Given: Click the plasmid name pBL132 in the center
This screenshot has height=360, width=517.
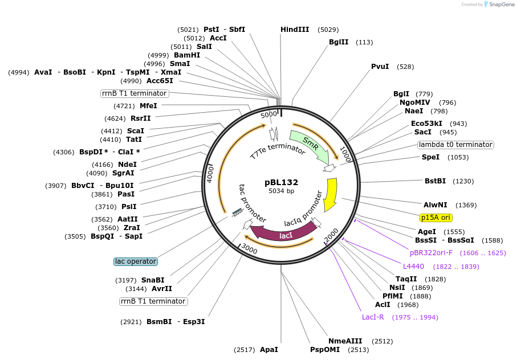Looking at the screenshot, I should (281, 182).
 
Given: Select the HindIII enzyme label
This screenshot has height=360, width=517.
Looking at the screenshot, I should (295, 30).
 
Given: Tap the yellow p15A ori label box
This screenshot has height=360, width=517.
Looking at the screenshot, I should (435, 218).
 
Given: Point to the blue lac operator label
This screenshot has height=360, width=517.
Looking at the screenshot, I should (135, 261).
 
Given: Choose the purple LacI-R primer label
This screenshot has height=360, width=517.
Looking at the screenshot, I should (373, 317).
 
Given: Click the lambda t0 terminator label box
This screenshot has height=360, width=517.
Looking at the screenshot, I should (455, 145).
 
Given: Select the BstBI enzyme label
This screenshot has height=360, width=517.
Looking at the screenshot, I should (435, 181).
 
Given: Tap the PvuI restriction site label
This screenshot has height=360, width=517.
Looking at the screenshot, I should (380, 67).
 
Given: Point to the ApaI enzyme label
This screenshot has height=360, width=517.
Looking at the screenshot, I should (269, 349).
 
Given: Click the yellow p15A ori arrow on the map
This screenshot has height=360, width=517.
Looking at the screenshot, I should (330, 194).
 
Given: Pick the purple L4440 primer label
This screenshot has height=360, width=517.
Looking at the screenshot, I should (413, 267).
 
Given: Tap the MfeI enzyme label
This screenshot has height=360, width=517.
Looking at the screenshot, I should (148, 105).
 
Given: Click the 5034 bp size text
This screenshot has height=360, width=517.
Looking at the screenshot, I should (281, 191).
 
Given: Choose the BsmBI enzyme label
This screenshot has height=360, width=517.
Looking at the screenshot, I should (159, 322).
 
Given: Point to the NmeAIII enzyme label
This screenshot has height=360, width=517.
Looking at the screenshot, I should (346, 341).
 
